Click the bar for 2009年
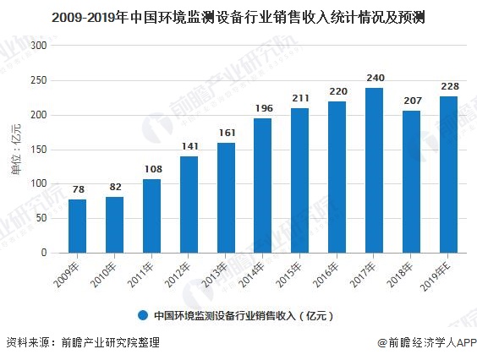77,226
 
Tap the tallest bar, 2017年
374,170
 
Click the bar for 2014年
262,185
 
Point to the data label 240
374,79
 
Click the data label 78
77,190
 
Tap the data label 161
225,133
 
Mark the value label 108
151,170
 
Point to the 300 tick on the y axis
39,46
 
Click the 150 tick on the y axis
39,150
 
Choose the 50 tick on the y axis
41,218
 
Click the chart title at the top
238,15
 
